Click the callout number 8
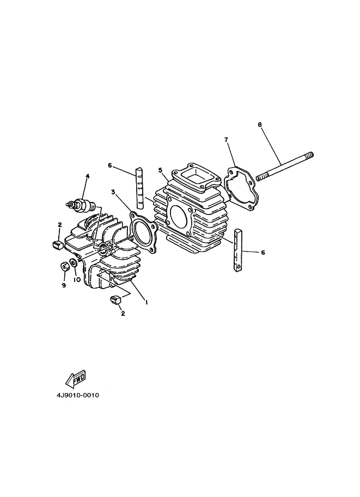[x=260, y=124]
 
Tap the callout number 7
[x=226, y=140]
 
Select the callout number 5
[x=160, y=170]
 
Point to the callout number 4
[x=87, y=176]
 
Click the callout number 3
[x=113, y=192]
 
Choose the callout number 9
[x=64, y=285]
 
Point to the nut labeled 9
[x=64, y=267]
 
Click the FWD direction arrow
[x=75, y=377]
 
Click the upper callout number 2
[x=60, y=224]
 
